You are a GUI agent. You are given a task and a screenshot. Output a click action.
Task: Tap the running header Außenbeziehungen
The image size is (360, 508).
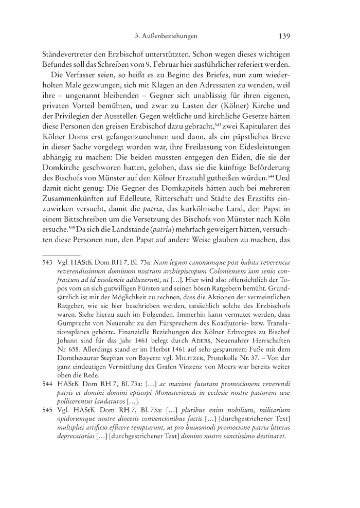click(x=169, y=37)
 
